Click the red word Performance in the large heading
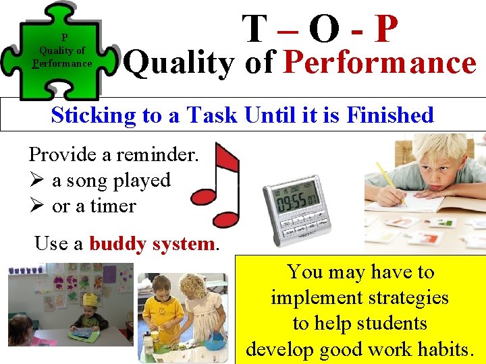[x=380, y=63]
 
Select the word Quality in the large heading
[x=180, y=63]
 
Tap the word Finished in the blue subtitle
[x=389, y=115]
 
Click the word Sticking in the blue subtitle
[x=93, y=115]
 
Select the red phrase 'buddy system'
[x=151, y=243]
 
